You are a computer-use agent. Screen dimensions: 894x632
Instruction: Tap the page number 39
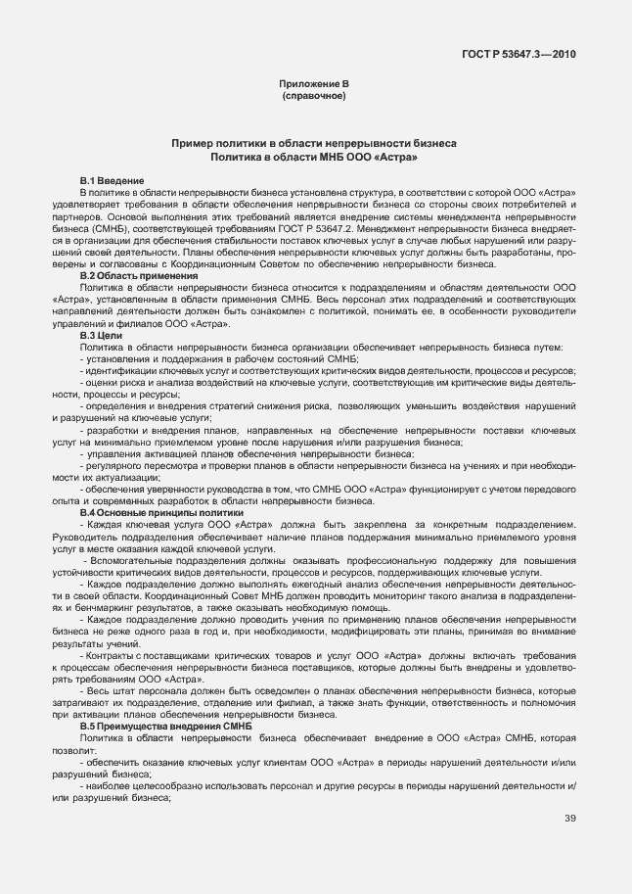569,847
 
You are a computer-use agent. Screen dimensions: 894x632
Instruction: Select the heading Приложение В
314,86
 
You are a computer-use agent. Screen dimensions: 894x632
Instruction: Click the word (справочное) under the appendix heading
314,98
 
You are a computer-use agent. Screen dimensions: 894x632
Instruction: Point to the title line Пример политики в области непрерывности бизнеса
314,143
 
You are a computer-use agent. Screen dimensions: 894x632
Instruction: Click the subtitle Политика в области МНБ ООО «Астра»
314,156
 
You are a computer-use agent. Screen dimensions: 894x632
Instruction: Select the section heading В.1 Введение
112,181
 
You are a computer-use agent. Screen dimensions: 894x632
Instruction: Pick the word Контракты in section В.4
111,653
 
